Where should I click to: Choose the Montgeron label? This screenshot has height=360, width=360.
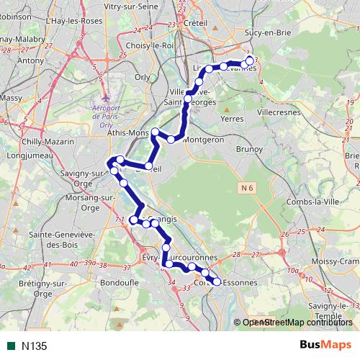204,140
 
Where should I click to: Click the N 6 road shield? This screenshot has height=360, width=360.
247,188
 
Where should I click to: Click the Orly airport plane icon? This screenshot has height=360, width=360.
107,96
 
